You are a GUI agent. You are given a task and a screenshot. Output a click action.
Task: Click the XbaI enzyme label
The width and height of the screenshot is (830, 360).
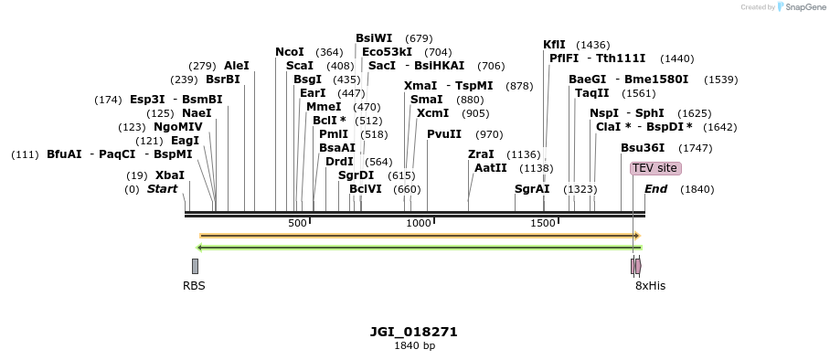(169, 175)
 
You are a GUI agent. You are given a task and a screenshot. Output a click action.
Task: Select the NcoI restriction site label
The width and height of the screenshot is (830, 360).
(289, 52)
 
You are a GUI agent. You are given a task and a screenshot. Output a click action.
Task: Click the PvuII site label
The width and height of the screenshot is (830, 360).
(444, 134)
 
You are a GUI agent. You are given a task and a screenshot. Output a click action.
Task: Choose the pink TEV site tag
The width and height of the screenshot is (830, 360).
(655, 168)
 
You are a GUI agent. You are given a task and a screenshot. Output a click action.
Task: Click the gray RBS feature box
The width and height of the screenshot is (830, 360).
(195, 266)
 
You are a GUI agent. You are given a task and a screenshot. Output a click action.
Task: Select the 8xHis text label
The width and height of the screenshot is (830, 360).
(650, 286)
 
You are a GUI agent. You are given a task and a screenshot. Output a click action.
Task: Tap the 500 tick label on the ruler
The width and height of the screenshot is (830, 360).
(297, 223)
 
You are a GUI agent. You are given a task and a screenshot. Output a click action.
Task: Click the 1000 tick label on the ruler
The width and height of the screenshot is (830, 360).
(419, 223)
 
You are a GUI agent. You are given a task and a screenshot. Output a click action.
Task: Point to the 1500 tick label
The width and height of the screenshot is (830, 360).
(544, 223)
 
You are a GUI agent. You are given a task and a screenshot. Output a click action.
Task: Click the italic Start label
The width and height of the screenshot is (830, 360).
(162, 189)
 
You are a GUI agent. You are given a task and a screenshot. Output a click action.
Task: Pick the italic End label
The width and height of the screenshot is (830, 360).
(655, 189)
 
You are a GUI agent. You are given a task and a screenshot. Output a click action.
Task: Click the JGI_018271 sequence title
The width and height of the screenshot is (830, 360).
(413, 332)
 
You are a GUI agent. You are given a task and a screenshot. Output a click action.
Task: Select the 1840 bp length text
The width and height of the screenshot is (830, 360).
(414, 346)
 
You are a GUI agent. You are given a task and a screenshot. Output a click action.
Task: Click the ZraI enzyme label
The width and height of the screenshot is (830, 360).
(481, 154)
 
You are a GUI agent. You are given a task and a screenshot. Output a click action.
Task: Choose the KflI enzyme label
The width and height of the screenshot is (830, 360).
(554, 45)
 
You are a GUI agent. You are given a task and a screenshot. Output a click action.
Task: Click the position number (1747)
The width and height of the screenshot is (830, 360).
(695, 148)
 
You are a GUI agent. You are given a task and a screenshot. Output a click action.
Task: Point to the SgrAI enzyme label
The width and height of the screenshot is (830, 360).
(532, 189)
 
